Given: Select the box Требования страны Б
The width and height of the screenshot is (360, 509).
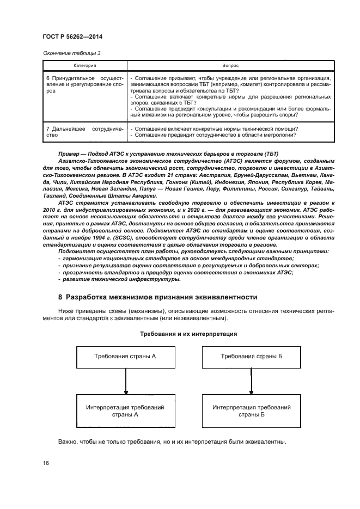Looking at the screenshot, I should point(251,356).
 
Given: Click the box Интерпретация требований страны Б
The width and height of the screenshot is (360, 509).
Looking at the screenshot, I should point(251,410).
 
